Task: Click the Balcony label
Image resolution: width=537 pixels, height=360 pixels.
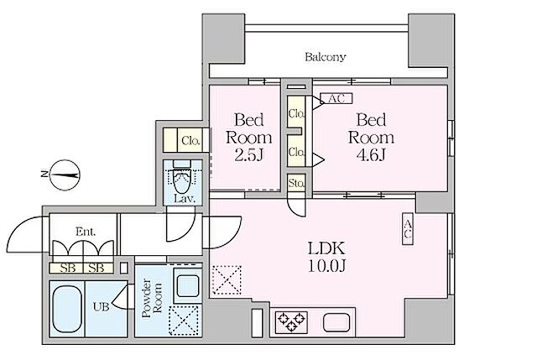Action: click(x=325, y=56)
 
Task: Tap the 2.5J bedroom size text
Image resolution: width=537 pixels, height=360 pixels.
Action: click(x=249, y=156)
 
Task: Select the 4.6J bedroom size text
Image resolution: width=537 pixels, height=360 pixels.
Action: click(x=371, y=155)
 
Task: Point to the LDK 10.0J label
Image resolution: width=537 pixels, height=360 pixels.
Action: click(x=326, y=257)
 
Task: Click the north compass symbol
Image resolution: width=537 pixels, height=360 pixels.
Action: click(x=65, y=175)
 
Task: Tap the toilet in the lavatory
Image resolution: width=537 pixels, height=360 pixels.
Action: click(x=181, y=178)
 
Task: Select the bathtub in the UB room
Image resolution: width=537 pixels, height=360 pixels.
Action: click(x=67, y=310)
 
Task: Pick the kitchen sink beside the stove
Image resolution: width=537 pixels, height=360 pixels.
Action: click(x=336, y=323)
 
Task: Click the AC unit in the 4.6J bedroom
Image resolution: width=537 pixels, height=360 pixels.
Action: click(x=336, y=98)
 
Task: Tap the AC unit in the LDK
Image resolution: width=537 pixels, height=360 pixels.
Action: click(x=408, y=229)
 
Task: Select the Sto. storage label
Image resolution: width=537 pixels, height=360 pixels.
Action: click(x=296, y=184)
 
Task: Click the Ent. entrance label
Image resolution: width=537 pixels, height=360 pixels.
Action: click(x=86, y=232)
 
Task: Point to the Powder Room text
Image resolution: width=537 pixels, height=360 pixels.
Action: click(x=152, y=298)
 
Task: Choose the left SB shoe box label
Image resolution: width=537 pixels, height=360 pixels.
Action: click(x=68, y=268)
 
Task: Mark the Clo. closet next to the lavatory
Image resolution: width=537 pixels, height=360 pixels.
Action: click(x=190, y=140)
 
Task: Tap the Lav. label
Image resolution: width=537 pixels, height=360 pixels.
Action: click(x=185, y=199)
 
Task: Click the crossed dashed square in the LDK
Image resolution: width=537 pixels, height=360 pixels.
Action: click(x=227, y=279)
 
